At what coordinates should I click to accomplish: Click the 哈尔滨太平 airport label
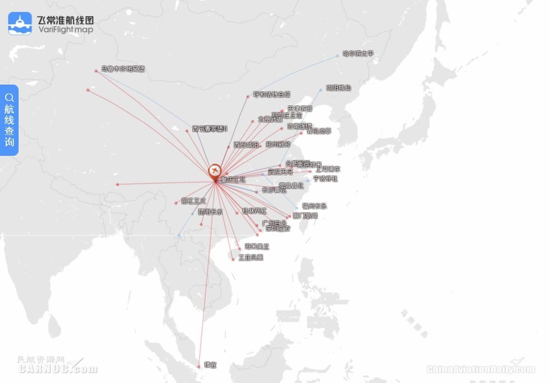pos(358,54)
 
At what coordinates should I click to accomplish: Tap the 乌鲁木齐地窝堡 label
pos(122,69)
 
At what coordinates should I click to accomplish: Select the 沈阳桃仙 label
pos(339,88)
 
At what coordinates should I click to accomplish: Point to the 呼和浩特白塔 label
pos(271,95)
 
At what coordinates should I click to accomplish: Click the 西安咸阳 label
pos(246,144)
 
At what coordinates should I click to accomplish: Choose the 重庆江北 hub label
pos(233,180)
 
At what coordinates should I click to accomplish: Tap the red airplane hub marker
pos(215,170)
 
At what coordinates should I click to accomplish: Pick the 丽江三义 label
pos(193,201)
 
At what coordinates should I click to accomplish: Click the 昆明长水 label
pos(210,212)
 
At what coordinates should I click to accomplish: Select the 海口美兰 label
pos(257,247)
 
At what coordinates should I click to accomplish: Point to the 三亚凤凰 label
pos(251,258)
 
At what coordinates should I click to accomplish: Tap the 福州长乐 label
pos(315,206)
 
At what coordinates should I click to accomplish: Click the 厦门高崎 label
pos(305,216)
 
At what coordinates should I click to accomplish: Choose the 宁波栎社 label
pos(325,179)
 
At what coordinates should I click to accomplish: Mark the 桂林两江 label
pos(255,211)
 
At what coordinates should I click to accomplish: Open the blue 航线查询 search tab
pos(10,120)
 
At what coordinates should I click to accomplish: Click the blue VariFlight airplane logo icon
pos(20,24)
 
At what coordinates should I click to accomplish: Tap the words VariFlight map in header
pos(65,29)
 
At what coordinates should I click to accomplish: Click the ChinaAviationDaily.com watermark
pos(480,369)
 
